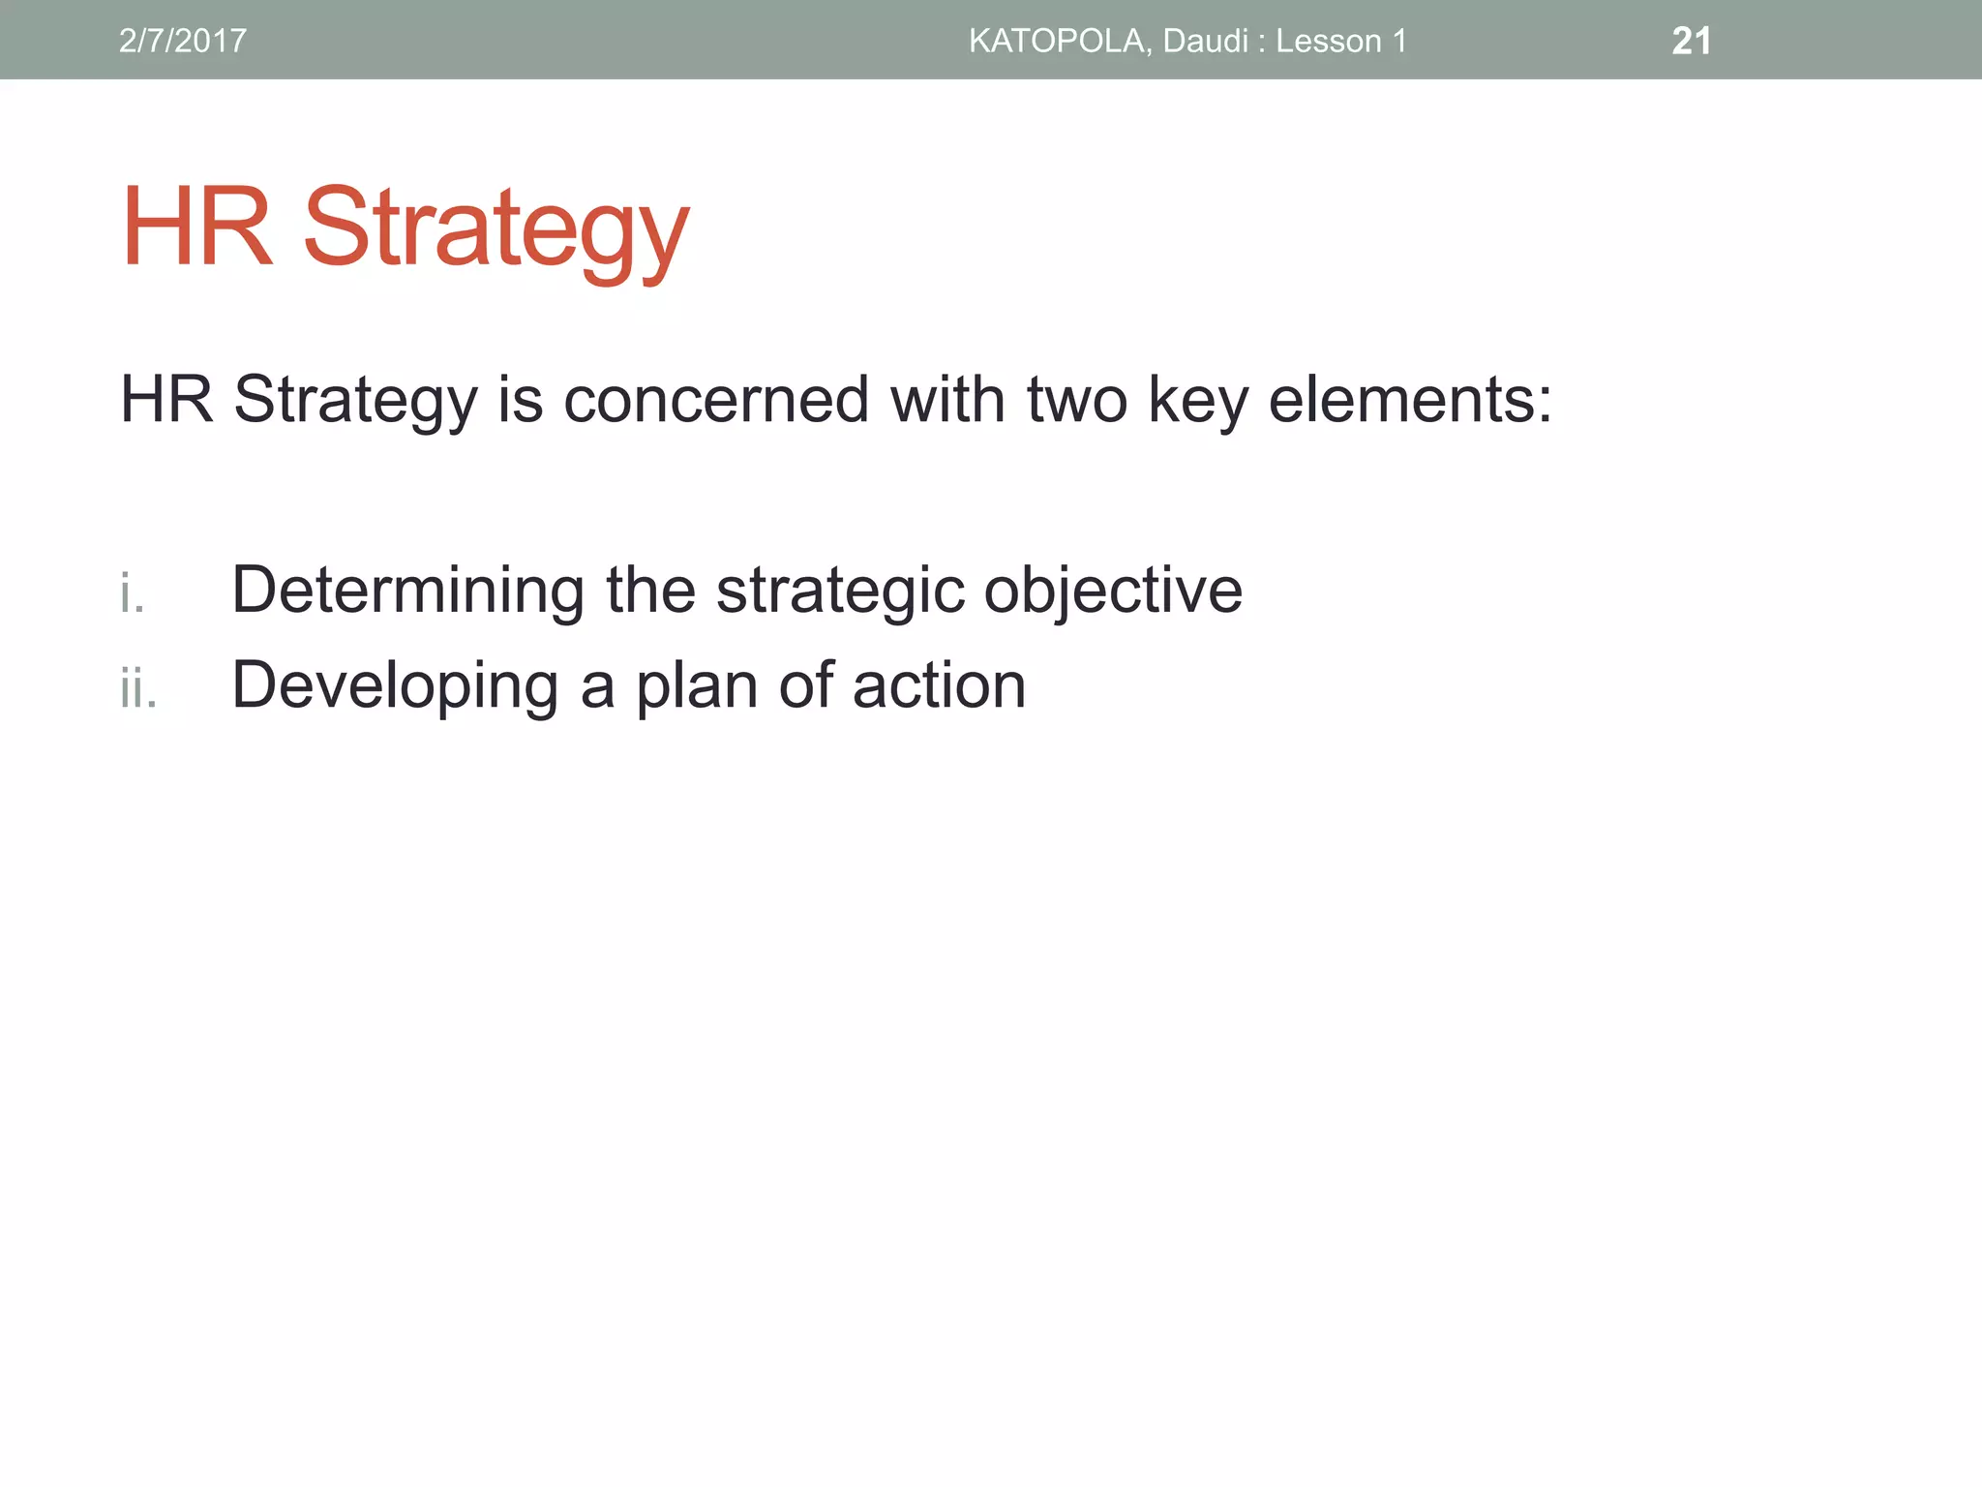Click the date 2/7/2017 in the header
tap(182, 41)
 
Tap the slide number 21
tap(1691, 41)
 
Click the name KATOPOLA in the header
tap(1058, 41)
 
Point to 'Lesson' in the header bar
tap(1328, 41)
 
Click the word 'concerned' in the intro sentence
tap(715, 399)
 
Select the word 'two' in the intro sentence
tap(1076, 399)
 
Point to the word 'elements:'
tap(1410, 399)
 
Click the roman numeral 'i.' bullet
tap(133, 592)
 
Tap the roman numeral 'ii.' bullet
tap(138, 688)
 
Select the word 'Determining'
tap(407, 590)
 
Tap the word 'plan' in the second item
tap(696, 686)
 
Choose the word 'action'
tap(939, 685)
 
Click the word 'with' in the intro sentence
tap(946, 399)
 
